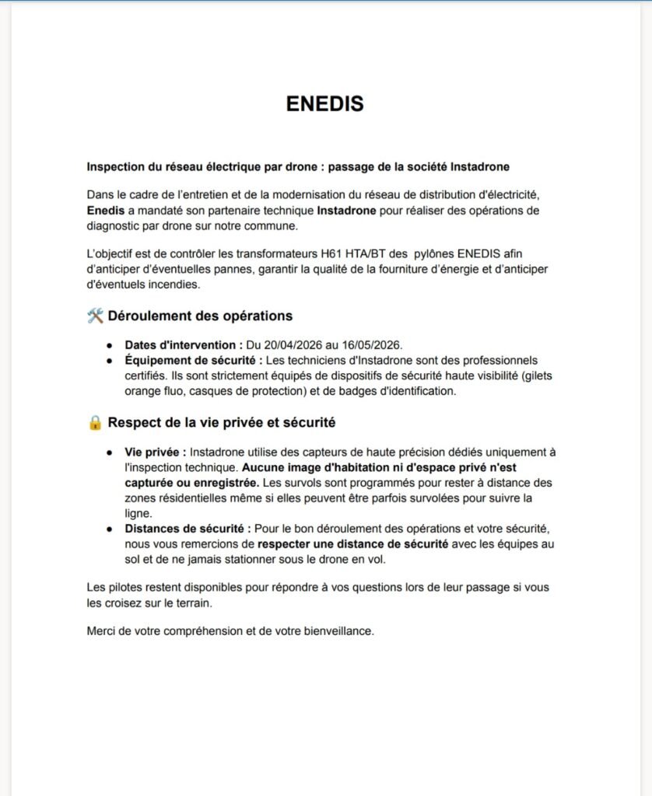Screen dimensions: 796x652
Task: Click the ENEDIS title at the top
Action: (325, 104)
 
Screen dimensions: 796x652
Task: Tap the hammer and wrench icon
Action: (96, 316)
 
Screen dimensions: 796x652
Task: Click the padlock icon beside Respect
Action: (96, 423)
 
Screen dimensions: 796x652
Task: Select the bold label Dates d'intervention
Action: (183, 344)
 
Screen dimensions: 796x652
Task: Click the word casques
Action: (188, 391)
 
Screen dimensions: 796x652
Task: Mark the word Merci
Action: (102, 630)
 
